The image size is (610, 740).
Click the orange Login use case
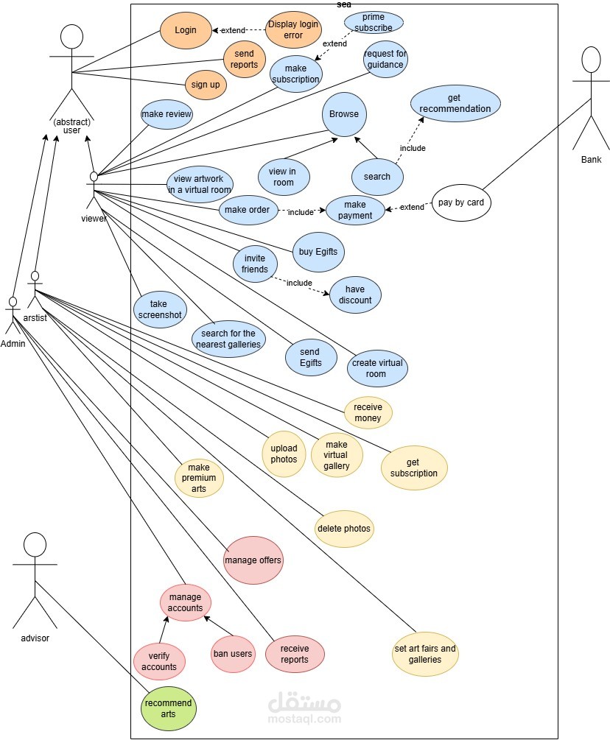coord(186,30)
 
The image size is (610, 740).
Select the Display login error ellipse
coord(294,29)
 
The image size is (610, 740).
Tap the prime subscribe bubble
coord(373,22)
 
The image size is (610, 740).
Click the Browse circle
coord(344,114)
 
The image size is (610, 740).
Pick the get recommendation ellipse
coord(455,103)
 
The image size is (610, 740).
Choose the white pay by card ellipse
coord(461,202)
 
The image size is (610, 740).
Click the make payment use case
coord(355,210)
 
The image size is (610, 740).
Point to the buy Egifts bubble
coord(318,252)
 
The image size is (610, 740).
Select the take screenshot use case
coord(158,309)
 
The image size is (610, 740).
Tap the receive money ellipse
coord(368,412)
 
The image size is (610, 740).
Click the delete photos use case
coord(344,529)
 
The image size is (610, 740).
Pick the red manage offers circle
coord(253,560)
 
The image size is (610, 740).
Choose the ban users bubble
coord(233,654)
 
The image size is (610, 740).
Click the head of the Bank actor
coord(592,62)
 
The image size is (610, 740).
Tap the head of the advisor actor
coord(35,546)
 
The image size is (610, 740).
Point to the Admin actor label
coord(13,344)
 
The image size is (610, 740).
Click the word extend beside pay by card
coord(412,208)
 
